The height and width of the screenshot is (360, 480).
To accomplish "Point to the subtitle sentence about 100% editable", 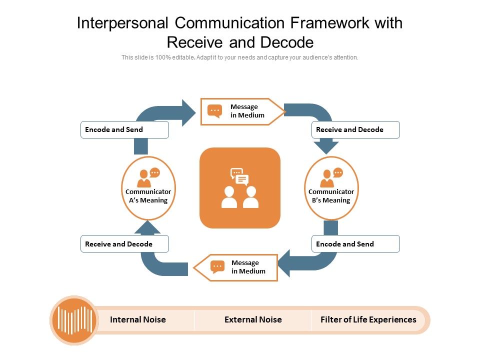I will pos(240,57).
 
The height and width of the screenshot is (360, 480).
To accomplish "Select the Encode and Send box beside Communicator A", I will pos(124,129).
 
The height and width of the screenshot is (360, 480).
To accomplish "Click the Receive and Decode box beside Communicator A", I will pos(124,244).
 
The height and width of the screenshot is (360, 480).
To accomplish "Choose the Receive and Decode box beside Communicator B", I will pos(355,129).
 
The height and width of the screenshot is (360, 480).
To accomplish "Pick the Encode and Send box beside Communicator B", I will pos(355,244).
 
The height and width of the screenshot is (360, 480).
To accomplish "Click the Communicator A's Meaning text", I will pos(148,196).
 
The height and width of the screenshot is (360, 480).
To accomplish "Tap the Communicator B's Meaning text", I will pos(331,196).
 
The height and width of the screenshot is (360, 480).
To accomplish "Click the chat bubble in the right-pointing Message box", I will pos(215,111).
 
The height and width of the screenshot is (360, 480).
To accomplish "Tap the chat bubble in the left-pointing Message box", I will pos(217,266).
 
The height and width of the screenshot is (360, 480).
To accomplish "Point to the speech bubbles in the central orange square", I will pos(239,176).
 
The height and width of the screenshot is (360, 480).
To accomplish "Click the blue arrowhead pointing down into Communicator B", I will pos(326,147).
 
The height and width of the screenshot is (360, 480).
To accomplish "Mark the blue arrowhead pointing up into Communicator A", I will pos(147,227).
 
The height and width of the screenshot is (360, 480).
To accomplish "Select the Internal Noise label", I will pos(137,319).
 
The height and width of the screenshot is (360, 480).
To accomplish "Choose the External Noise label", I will pos(253,319).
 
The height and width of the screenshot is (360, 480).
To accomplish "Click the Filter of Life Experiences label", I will pos(368,319).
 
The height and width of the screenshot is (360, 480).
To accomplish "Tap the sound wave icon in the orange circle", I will pos(74,320).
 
